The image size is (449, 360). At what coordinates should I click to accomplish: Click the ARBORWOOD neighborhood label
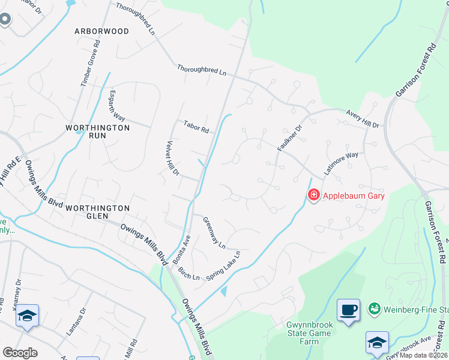[101, 31]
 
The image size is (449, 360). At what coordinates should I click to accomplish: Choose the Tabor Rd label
[196, 128]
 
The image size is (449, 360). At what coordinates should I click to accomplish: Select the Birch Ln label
[188, 273]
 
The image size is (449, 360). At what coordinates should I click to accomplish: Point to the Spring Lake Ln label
[223, 266]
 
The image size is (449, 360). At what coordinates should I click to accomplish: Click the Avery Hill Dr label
[363, 119]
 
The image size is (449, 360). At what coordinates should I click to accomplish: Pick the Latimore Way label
[341, 163]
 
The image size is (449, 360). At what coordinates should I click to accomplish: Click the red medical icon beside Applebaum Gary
[313, 195]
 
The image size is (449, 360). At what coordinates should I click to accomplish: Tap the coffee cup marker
[348, 310]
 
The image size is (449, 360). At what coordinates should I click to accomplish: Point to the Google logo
[20, 353]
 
